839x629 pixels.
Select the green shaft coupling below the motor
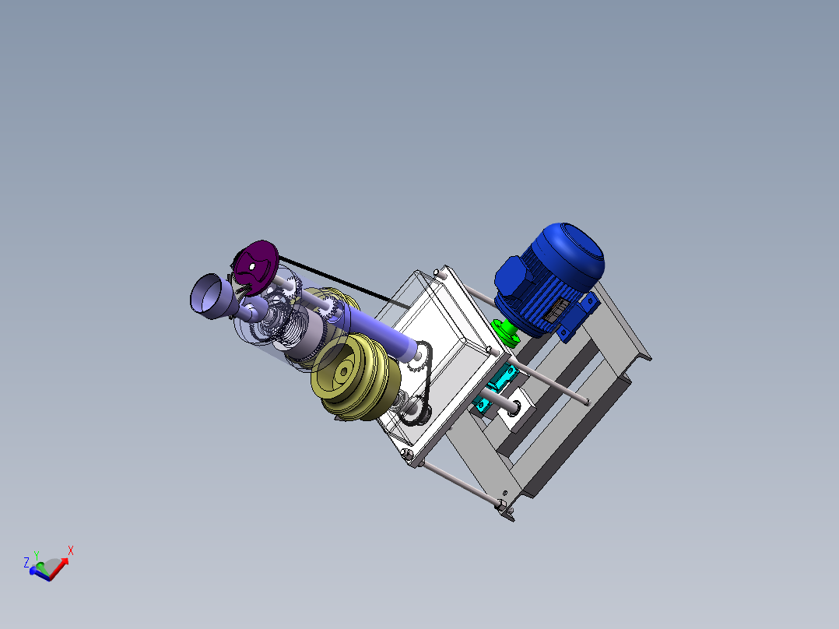coord(507,333)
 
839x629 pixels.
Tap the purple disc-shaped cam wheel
coord(257,265)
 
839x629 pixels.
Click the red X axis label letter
coord(70,550)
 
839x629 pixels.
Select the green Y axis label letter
coord(37,554)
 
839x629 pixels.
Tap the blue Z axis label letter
coord(26,561)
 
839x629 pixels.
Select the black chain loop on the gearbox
coord(420,381)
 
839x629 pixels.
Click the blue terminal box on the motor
coord(511,277)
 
